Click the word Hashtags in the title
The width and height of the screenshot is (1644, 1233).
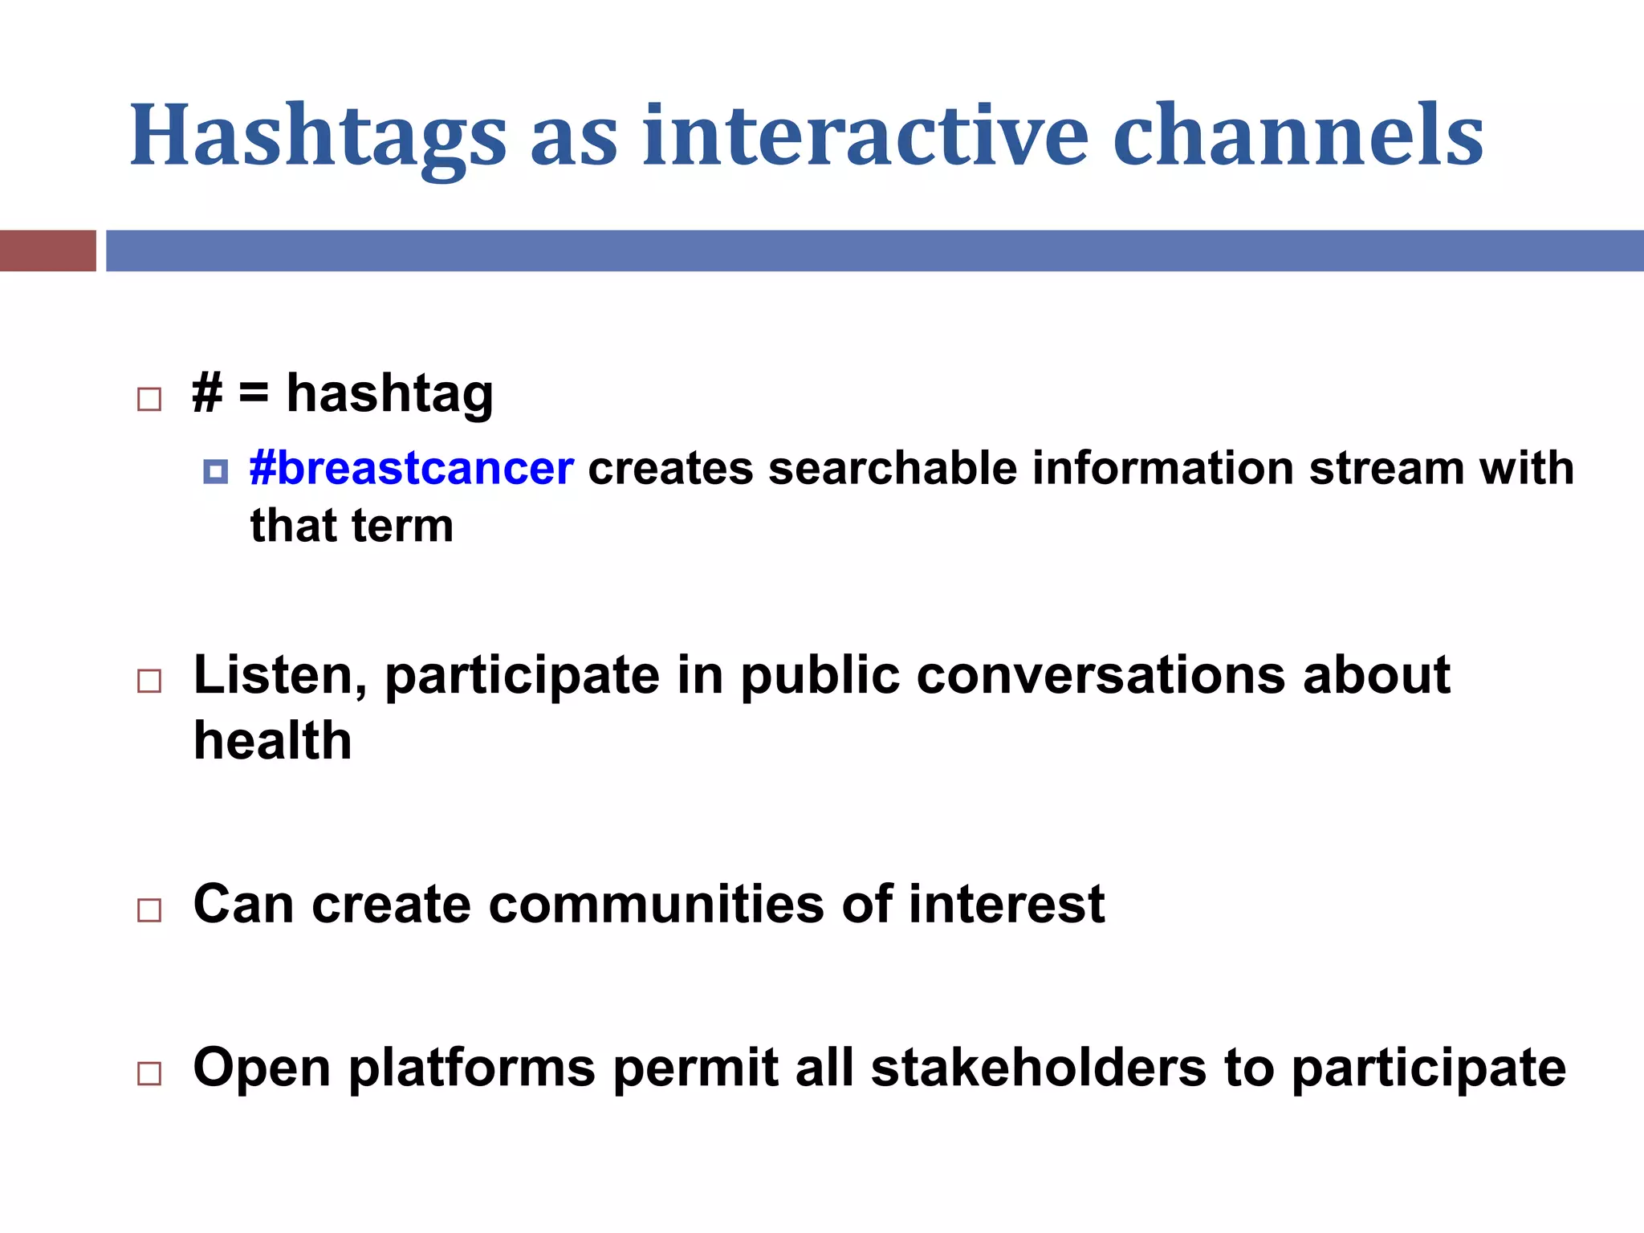click(x=318, y=136)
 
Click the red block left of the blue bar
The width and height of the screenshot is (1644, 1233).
click(x=47, y=250)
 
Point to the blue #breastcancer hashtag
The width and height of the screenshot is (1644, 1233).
click(x=411, y=468)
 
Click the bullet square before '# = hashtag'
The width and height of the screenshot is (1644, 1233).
click(x=149, y=399)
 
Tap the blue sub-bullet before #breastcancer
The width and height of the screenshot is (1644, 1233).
click(x=215, y=471)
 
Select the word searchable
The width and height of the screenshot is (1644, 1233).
click(x=893, y=468)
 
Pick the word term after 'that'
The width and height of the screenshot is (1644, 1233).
click(x=402, y=527)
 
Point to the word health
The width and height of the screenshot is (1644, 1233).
click(x=272, y=741)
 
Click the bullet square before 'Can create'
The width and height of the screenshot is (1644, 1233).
click(x=149, y=910)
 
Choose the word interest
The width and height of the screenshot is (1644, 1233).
click(x=1007, y=905)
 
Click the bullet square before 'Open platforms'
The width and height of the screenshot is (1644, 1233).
click(x=149, y=1073)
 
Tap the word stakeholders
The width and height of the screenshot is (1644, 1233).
click(x=1039, y=1068)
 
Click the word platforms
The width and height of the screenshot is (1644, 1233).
click(x=472, y=1070)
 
